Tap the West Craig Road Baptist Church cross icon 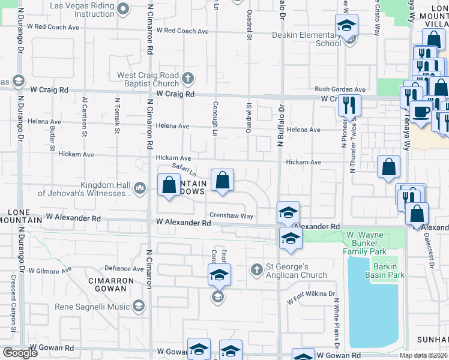point(188,77)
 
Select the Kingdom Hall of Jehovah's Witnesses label point(83,189)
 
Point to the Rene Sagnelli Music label point(92,307)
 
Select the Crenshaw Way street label point(231,216)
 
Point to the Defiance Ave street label point(122,268)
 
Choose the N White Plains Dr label point(337,324)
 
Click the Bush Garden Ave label point(340,89)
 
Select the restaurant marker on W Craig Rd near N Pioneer point(349,106)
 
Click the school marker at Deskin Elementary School point(346,25)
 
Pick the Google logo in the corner point(20,353)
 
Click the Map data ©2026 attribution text point(424,355)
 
